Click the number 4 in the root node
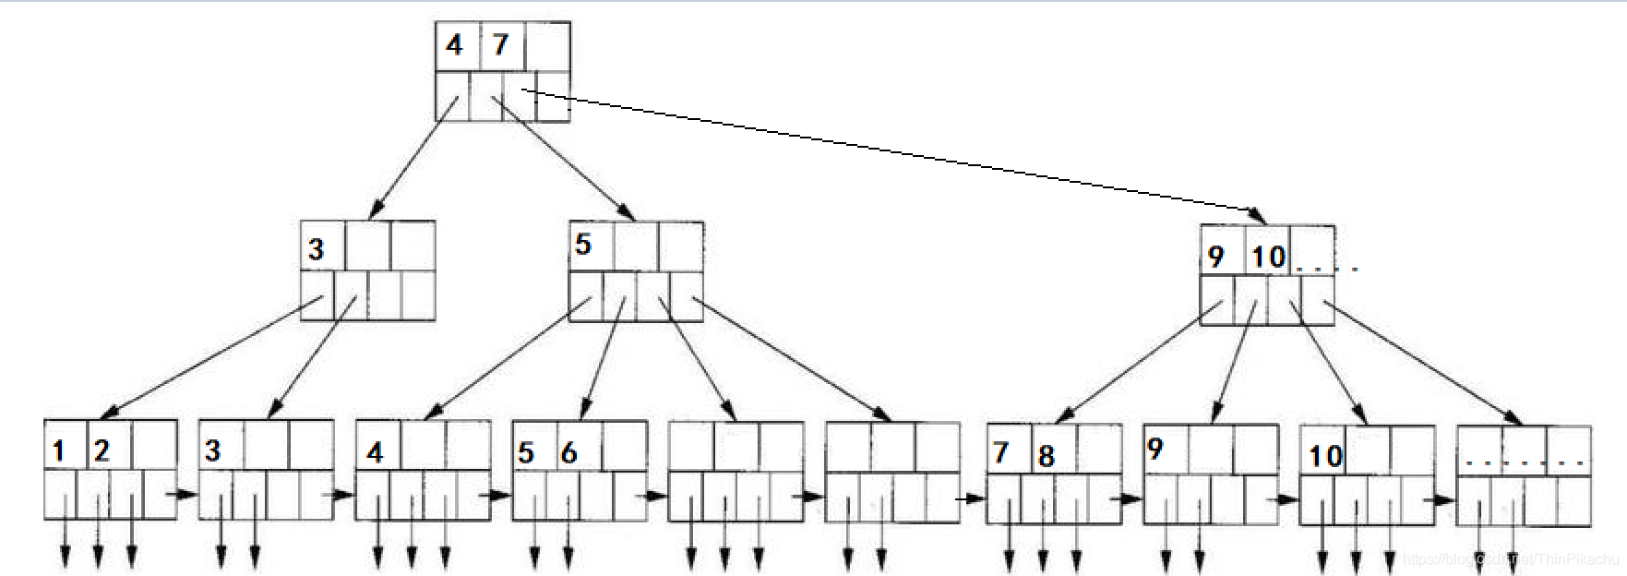click(x=454, y=44)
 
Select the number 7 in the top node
click(x=500, y=44)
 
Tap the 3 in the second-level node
click(x=317, y=249)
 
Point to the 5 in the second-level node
click(x=582, y=245)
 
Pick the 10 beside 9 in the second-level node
click(x=1268, y=257)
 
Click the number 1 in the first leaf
click(x=59, y=451)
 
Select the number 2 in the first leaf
click(x=102, y=450)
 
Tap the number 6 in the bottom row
click(x=568, y=452)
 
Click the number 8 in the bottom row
click(x=1046, y=456)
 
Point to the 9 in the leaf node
click(x=1154, y=449)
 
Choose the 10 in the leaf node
click(x=1325, y=456)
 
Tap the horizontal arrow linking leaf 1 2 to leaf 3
click(x=185, y=494)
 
